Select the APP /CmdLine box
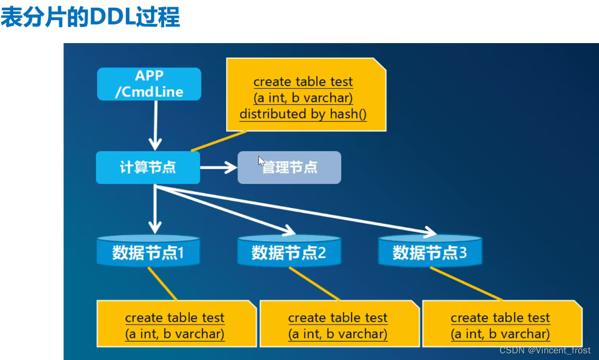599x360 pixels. [x=149, y=84]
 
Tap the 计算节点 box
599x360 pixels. [x=148, y=167]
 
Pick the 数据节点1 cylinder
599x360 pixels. [x=148, y=251]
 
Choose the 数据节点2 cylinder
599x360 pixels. [x=289, y=251]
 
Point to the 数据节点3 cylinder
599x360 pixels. [x=430, y=251]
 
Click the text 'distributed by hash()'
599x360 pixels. [x=303, y=114]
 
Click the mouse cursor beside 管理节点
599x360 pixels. [x=261, y=161]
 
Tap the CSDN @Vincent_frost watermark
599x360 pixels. [x=545, y=350]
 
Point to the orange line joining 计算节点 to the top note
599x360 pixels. [x=218, y=141]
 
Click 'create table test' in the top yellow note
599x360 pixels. [x=303, y=82]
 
